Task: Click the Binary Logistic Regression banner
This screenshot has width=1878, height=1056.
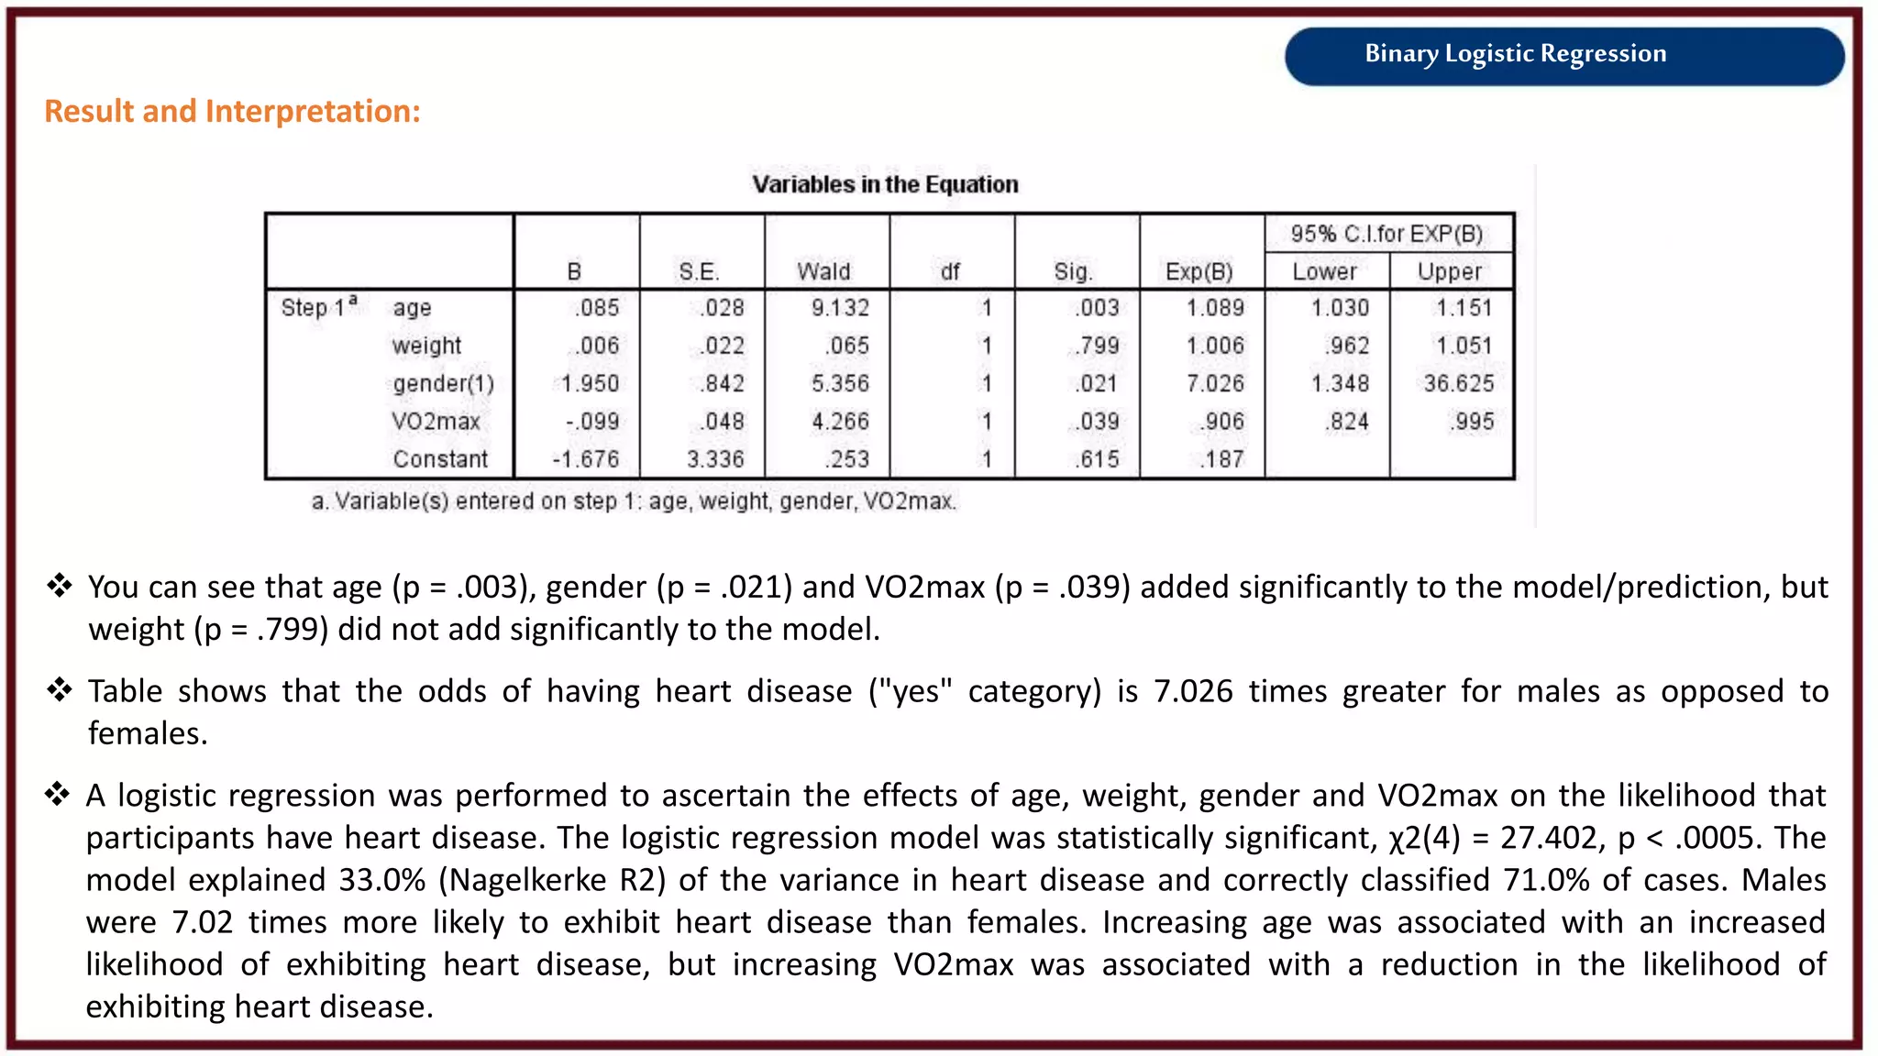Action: click(x=1515, y=54)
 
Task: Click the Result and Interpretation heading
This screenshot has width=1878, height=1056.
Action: click(x=232, y=112)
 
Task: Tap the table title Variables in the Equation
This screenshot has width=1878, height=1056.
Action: click(x=885, y=185)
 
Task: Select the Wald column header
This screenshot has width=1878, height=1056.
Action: click(x=823, y=272)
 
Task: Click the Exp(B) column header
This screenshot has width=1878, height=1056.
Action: click(x=1199, y=272)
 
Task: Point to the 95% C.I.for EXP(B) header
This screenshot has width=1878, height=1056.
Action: click(x=1386, y=235)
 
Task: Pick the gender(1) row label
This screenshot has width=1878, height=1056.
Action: click(x=443, y=384)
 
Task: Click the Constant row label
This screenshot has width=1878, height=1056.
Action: click(x=440, y=459)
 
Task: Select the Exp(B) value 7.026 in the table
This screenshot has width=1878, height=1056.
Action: click(x=1215, y=384)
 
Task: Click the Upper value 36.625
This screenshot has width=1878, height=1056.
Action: click(x=1458, y=384)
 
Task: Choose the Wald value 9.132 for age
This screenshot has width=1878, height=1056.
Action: click(x=840, y=309)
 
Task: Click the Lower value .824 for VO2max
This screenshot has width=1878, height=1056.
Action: click(x=1345, y=422)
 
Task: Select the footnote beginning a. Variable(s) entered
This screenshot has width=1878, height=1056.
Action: click(x=634, y=501)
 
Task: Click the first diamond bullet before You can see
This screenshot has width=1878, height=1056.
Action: click(x=60, y=585)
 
